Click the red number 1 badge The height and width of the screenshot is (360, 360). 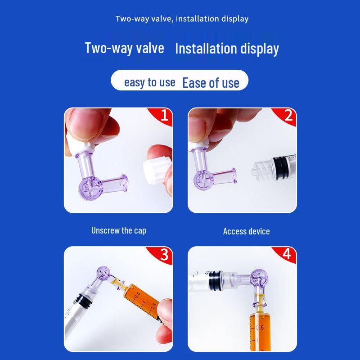click(x=163, y=116)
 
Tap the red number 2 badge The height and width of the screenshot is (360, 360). click(x=288, y=116)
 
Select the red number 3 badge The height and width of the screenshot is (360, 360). click(x=163, y=254)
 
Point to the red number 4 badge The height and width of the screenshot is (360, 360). click(x=287, y=254)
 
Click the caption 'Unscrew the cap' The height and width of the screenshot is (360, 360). click(x=119, y=230)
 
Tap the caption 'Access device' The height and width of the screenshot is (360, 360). click(x=246, y=231)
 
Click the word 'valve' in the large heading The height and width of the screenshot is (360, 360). click(x=150, y=48)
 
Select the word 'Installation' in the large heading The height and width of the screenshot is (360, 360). click(x=206, y=49)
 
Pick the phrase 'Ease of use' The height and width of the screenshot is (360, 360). click(x=211, y=83)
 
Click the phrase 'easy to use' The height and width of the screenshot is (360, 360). click(x=150, y=82)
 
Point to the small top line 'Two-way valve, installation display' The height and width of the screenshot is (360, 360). click(x=182, y=18)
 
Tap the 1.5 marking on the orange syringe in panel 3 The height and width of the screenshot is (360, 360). click(x=154, y=306)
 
